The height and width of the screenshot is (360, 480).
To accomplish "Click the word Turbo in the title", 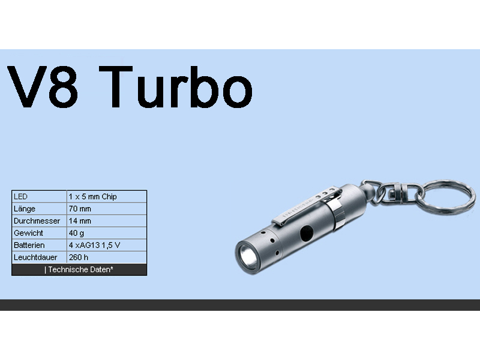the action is coord(176,87).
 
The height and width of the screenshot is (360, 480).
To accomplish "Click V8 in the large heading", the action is coord(42,87).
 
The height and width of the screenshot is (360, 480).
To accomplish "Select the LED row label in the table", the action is coord(20,197).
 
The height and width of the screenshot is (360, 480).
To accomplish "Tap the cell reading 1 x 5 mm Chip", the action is coord(93,197).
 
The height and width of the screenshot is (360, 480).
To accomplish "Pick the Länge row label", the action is coord(25,209).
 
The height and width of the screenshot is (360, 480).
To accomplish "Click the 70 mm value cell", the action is coord(80,209).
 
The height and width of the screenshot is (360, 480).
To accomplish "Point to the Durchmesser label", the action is coord(37,221).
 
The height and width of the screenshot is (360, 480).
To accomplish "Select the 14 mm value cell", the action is coord(80,221).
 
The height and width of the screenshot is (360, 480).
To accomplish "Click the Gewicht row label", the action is coord(28,233).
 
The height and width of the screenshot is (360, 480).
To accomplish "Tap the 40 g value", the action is coord(76,233).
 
